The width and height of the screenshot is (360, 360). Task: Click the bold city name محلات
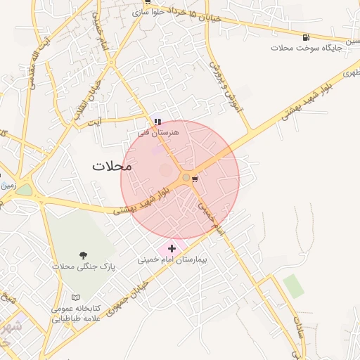tap(112, 166)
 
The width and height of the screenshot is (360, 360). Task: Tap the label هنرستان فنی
tap(159, 131)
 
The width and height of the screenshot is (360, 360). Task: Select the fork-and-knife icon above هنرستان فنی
tap(157, 122)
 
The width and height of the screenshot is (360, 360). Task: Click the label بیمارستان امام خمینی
tap(172, 259)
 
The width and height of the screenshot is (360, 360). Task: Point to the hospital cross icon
tap(172, 248)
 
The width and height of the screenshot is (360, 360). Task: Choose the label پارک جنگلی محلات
tap(83, 266)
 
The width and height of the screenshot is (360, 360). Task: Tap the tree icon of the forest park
tap(84, 255)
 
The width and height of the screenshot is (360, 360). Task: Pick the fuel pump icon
tap(305, 37)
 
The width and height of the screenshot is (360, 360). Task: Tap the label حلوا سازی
tap(148, 12)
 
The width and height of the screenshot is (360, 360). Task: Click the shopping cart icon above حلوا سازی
tap(147, 2)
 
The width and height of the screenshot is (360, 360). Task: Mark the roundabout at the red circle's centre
tap(186, 178)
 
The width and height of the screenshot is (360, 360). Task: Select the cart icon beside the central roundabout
tap(195, 179)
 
